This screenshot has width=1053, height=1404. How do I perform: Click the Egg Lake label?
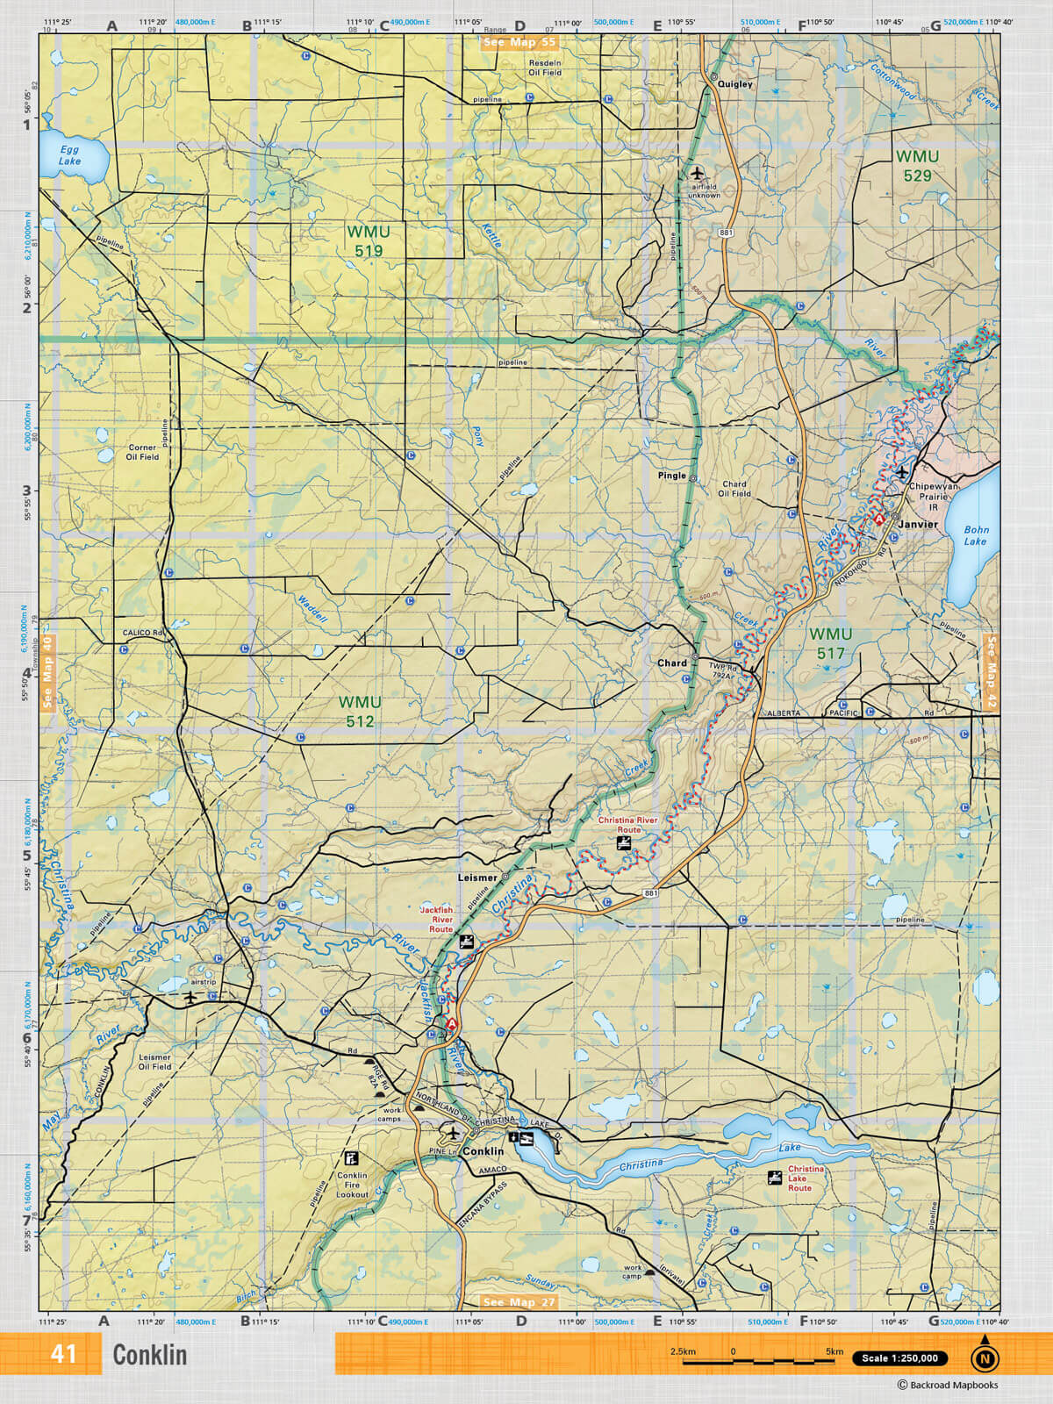tap(69, 155)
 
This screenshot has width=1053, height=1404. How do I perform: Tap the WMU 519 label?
tap(369, 241)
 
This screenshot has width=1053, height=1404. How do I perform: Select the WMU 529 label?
tap(917, 166)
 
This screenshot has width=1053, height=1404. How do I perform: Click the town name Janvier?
tap(917, 524)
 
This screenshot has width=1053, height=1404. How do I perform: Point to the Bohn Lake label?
tap(976, 535)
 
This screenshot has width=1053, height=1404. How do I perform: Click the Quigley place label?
tap(735, 84)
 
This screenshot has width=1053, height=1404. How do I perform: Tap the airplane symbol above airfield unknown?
tap(697, 172)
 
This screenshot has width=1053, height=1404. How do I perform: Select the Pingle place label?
tap(672, 476)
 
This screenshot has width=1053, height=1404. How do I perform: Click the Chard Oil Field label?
tap(734, 489)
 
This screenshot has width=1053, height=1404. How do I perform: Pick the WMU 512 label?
tap(360, 712)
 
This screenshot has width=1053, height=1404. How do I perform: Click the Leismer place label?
tap(477, 877)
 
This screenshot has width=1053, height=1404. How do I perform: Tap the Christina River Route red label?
tap(628, 825)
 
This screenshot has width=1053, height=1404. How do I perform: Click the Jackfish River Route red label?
tap(441, 920)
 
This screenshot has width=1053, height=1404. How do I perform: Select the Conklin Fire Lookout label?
tap(352, 1185)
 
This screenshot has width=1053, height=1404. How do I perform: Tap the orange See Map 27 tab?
tap(519, 1302)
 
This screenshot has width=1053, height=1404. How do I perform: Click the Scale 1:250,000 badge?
tap(899, 1358)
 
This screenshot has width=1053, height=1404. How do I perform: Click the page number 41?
tap(63, 1354)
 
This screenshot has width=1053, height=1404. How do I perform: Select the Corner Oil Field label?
tap(142, 452)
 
